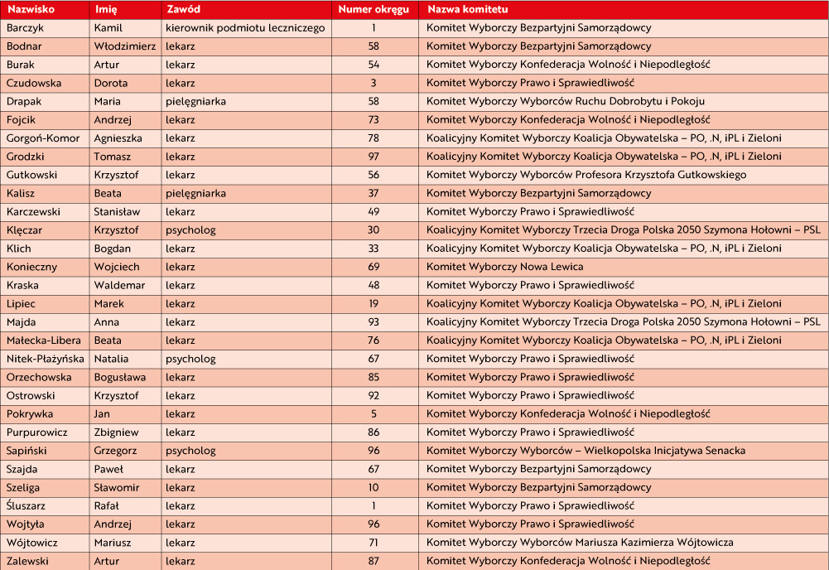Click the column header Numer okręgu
[374, 10]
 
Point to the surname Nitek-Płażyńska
[46, 359]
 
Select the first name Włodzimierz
[125, 46]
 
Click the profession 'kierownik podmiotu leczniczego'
[245, 28]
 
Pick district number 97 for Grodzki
[374, 157]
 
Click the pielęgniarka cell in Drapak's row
[195, 101]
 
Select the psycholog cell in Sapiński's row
[190, 451]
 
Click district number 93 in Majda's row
[374, 322]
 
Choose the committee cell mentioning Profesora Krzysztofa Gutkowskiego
[586, 175]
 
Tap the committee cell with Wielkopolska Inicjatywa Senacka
[586, 451]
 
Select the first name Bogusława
[121, 377]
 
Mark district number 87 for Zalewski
[374, 561]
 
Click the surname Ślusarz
[27, 505]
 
